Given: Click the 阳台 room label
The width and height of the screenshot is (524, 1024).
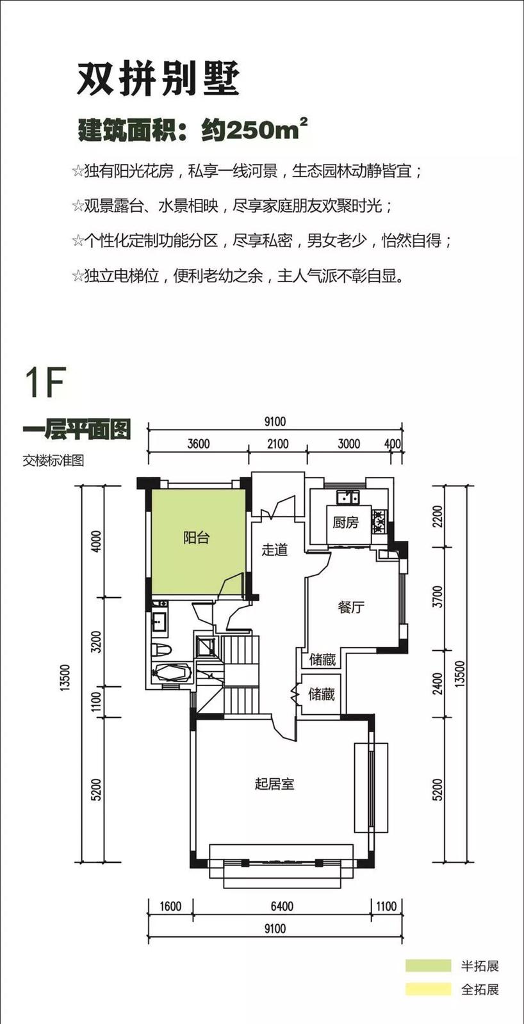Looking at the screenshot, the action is tap(196, 538).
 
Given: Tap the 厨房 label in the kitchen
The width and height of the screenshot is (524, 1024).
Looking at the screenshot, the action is tap(345, 522).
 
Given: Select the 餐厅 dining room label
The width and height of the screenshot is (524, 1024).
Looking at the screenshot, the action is tap(351, 607).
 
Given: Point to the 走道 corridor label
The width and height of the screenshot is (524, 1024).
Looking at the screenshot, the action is tap(275, 549).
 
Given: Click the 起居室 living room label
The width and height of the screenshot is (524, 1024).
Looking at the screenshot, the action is tap(275, 784).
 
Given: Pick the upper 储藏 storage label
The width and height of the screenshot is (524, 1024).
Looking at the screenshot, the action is tap(323, 659).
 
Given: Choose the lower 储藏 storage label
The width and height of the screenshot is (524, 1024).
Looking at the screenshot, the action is tap(322, 694).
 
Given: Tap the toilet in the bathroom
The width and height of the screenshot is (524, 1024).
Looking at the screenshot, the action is tap(161, 649).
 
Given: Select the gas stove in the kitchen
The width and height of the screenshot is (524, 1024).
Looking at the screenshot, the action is tap(379, 521).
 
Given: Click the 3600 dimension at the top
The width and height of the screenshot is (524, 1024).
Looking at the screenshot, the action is tap(199, 444).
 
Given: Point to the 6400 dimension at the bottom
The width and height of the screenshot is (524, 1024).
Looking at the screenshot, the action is tap(282, 906).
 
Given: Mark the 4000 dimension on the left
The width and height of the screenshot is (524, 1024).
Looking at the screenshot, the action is tap(97, 541).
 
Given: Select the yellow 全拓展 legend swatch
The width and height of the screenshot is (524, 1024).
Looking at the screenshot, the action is tap(428, 989).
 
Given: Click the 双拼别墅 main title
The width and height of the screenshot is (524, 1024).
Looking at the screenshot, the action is tap(158, 79).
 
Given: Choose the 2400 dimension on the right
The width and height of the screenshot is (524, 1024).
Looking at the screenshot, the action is tap(438, 684).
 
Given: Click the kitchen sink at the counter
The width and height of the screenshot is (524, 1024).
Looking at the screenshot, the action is tap(348, 497).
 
